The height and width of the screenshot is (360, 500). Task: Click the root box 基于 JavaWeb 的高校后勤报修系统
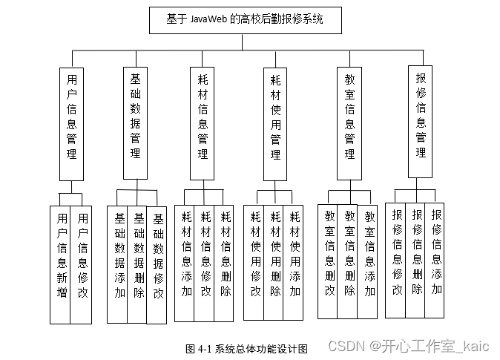(245, 20)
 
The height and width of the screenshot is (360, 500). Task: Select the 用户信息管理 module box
(71, 123)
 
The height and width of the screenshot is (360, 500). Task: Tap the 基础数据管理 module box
(135, 122)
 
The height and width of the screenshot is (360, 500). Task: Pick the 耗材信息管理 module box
(203, 122)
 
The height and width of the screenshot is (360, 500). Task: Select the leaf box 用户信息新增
(62, 264)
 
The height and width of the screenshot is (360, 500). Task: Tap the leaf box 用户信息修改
(82, 264)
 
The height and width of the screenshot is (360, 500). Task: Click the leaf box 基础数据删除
(138, 264)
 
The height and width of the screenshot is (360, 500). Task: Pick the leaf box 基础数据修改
(157, 265)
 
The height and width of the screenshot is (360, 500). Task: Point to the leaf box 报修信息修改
(397, 260)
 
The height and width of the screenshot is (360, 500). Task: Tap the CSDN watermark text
(409, 347)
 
